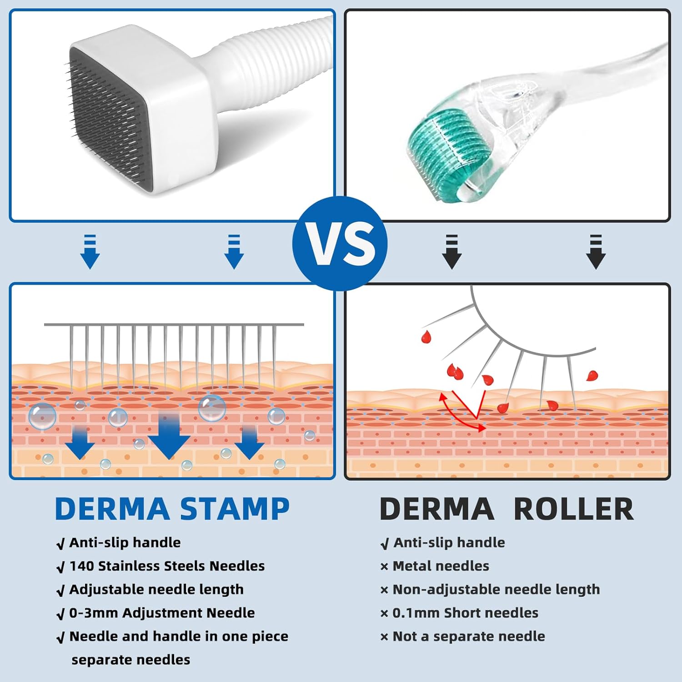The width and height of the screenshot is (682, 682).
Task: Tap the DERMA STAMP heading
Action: click(172, 508)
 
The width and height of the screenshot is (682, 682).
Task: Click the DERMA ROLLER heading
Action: click(506, 508)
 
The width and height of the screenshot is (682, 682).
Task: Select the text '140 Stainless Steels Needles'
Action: click(167, 566)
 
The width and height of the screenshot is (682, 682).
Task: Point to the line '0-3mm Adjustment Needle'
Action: click(162, 613)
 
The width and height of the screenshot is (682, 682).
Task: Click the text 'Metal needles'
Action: click(441, 566)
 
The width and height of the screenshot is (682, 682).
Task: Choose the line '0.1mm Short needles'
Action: click(465, 613)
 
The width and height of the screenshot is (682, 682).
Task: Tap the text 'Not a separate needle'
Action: click(468, 637)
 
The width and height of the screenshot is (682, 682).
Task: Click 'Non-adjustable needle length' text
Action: click(496, 590)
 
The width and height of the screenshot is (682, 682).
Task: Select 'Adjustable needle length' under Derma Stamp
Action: click(156, 590)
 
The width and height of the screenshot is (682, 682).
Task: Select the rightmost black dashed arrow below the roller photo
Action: click(596, 252)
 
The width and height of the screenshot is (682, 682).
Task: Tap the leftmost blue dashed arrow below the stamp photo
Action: click(90, 252)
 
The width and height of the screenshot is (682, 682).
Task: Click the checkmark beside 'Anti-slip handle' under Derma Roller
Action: click(385, 544)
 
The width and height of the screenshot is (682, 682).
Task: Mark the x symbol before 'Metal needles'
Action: click(384, 567)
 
